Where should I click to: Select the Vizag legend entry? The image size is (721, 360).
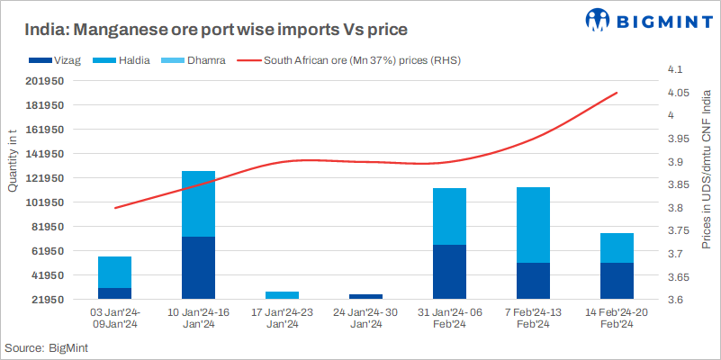[x=49, y=60]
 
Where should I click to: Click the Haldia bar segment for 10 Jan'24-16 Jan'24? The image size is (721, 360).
[x=198, y=203]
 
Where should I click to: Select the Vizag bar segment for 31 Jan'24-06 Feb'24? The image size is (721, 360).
[x=449, y=271]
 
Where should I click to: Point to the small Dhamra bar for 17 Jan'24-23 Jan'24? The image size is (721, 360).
[x=283, y=294]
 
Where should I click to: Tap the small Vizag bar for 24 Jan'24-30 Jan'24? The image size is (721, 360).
[x=365, y=295]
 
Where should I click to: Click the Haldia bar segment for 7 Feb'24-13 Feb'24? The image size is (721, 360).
[x=533, y=225]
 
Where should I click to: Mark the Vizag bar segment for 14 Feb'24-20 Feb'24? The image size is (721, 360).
[x=617, y=280]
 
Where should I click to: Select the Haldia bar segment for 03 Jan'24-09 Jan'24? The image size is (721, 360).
[x=114, y=272]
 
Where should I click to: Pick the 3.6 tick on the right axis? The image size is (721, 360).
[x=675, y=300]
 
